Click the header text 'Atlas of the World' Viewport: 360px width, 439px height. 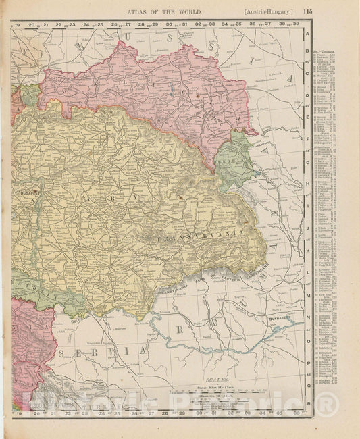pos(161,10)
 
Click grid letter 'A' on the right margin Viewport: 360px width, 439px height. pos(308,32)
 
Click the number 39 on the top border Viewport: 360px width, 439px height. pos(297,25)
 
